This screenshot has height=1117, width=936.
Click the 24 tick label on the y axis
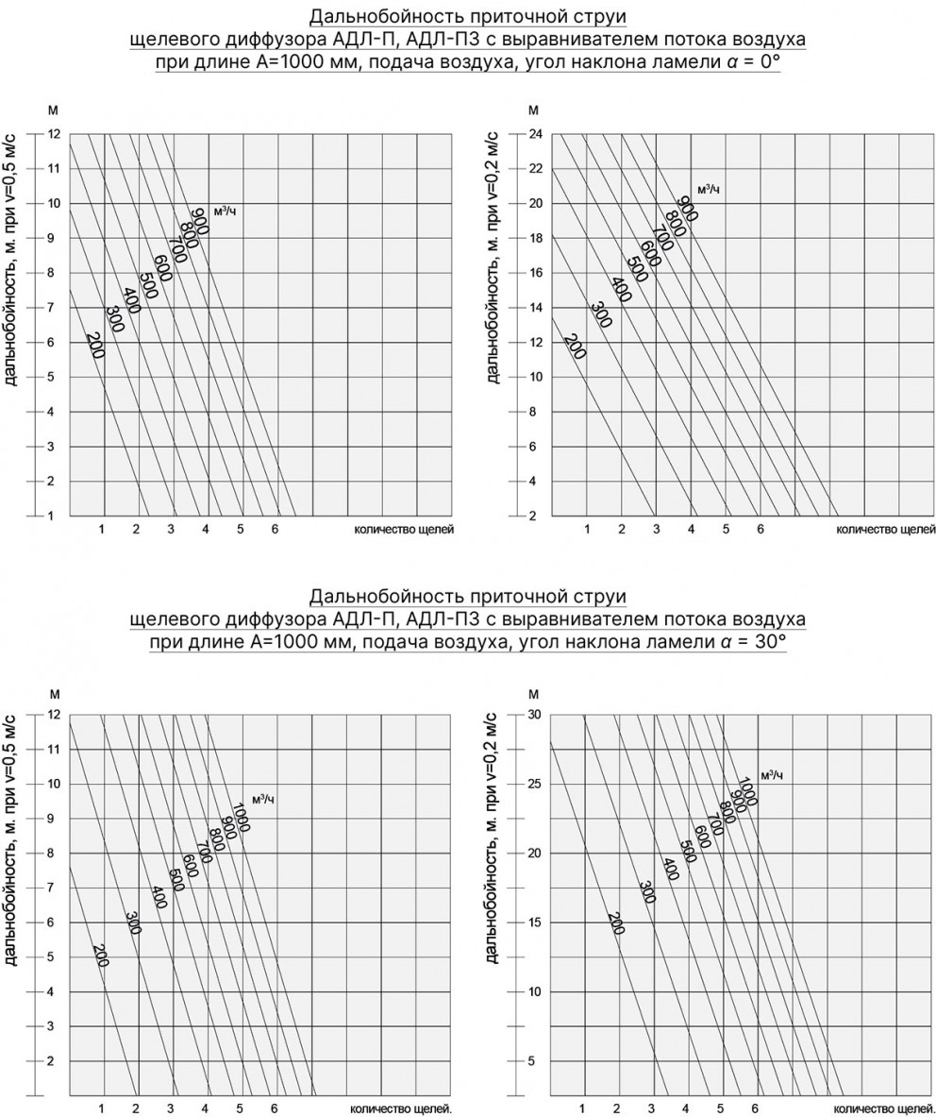pyautogui.click(x=534, y=134)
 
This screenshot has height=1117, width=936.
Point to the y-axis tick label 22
pyautogui.click(x=534, y=169)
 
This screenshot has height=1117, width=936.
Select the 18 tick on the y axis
pyautogui.click(x=534, y=238)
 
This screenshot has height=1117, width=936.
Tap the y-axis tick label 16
pyautogui.click(x=534, y=273)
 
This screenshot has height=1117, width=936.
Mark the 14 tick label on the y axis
pyautogui.click(x=534, y=308)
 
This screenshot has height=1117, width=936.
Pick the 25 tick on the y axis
pyautogui.click(x=534, y=784)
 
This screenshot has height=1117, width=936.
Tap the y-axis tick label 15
pyautogui.click(x=534, y=922)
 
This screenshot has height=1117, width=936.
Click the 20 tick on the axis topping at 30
pyautogui.click(x=534, y=853)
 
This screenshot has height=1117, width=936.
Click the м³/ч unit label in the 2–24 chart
pyautogui.click(x=709, y=190)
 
